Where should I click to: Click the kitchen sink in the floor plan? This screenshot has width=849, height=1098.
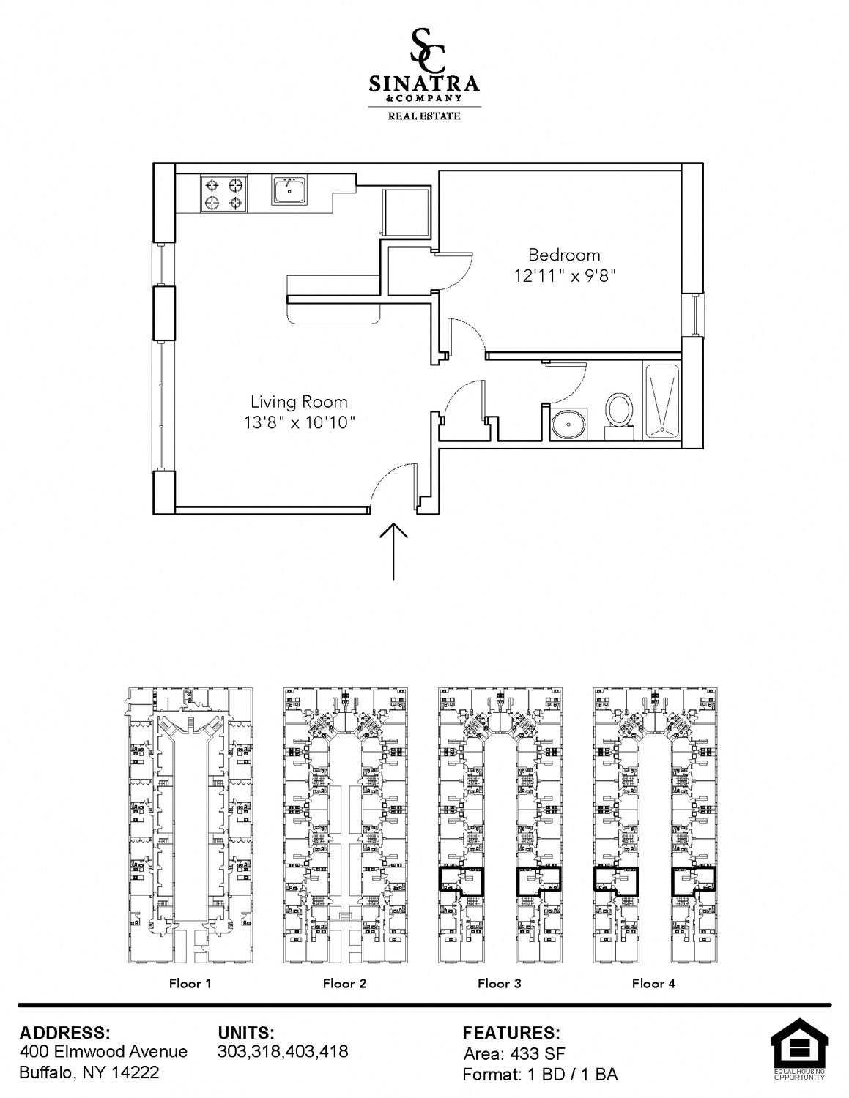tap(289, 190)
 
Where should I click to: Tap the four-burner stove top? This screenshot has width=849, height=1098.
tap(223, 194)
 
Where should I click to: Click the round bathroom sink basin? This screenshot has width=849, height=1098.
tap(569, 423)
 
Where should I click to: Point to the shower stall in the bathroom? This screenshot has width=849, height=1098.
tap(661, 400)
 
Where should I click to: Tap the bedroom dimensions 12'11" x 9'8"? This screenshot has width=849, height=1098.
tap(565, 276)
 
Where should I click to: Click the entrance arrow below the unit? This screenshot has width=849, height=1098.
tap(393, 551)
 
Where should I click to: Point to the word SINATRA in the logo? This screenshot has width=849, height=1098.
tap(423, 84)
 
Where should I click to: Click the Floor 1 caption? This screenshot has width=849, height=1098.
tap(190, 983)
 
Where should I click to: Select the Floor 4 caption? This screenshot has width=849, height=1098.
tap(653, 983)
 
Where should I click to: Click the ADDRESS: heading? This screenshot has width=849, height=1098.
tap(64, 1032)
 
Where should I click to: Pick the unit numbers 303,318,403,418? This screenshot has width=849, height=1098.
tap(283, 1051)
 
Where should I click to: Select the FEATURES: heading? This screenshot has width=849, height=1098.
tap(511, 1032)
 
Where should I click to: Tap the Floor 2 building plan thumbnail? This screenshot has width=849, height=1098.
tap(345, 825)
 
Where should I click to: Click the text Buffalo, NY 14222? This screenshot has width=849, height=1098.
tap(89, 1072)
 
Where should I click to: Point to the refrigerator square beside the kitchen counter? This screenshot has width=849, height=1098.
tap(406, 212)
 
